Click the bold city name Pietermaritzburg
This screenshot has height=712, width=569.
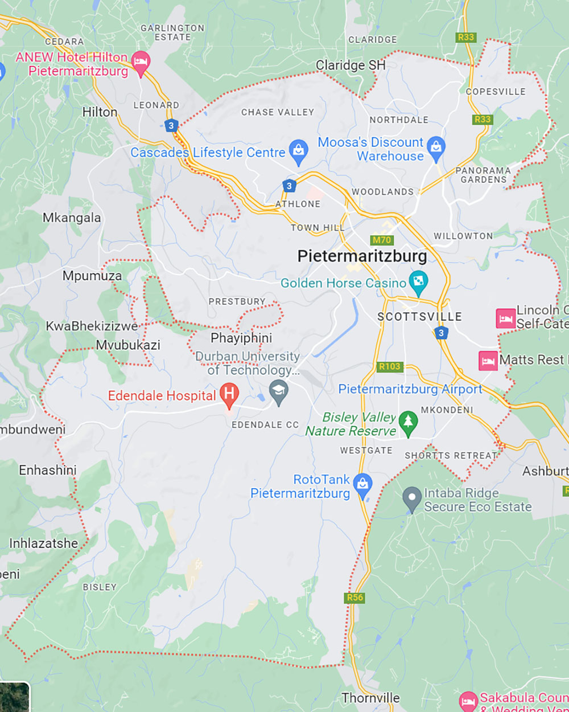(x=362, y=256)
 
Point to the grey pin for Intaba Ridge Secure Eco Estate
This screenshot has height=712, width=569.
(x=412, y=498)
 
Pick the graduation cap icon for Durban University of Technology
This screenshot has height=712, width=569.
(x=278, y=392)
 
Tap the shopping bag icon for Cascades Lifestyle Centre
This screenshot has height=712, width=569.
(x=298, y=152)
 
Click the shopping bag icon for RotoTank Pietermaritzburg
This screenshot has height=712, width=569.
(x=362, y=485)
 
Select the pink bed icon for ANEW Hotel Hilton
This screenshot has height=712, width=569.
(x=141, y=62)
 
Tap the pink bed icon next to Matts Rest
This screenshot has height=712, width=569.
(x=488, y=361)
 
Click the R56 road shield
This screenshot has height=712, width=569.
(x=354, y=598)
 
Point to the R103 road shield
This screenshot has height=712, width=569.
(x=390, y=366)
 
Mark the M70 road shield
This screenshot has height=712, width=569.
(x=382, y=240)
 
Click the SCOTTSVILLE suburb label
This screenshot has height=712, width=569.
(x=419, y=317)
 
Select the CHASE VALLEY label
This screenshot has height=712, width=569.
(x=277, y=112)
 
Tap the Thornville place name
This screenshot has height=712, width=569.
(x=370, y=698)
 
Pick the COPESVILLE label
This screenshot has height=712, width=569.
(x=496, y=92)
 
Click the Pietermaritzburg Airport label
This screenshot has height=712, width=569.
(x=410, y=389)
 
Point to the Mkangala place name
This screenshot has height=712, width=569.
(x=72, y=218)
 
